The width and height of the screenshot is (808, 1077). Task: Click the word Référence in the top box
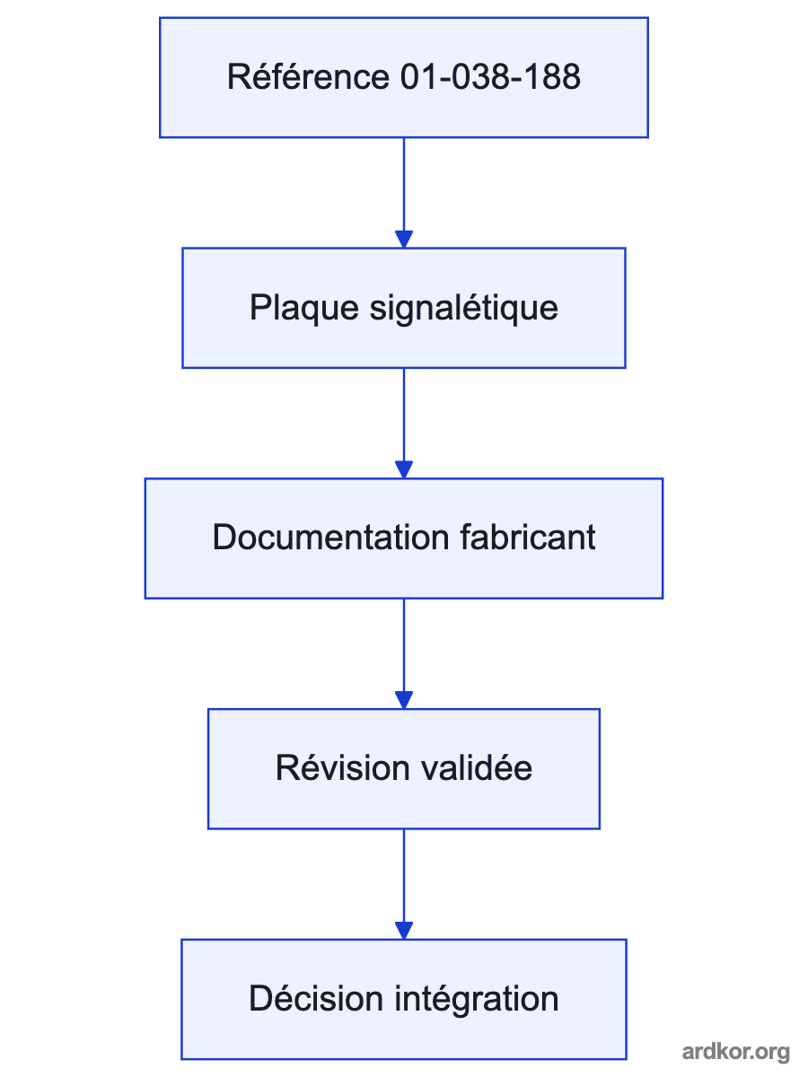pos(308,76)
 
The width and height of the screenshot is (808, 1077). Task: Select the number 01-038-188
pos(490,77)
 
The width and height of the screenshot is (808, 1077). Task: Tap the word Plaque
pos(304,308)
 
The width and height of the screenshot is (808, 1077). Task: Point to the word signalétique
pos(463,308)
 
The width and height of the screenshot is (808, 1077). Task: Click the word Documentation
pos(330,538)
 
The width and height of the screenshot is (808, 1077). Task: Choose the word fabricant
pos(528,538)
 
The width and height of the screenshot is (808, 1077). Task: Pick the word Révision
pos(342,768)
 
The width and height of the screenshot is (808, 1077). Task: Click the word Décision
pos(316,999)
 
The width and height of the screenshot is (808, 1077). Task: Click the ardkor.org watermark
pos(736,1052)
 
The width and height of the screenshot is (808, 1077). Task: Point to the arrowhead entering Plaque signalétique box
pos(404,239)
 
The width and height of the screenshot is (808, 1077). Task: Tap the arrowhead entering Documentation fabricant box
pos(404,469)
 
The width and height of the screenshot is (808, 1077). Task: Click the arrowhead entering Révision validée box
pos(404,700)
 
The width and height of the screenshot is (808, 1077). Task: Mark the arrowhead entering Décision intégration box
pos(404,931)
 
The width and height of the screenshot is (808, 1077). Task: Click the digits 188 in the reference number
pos(553,77)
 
